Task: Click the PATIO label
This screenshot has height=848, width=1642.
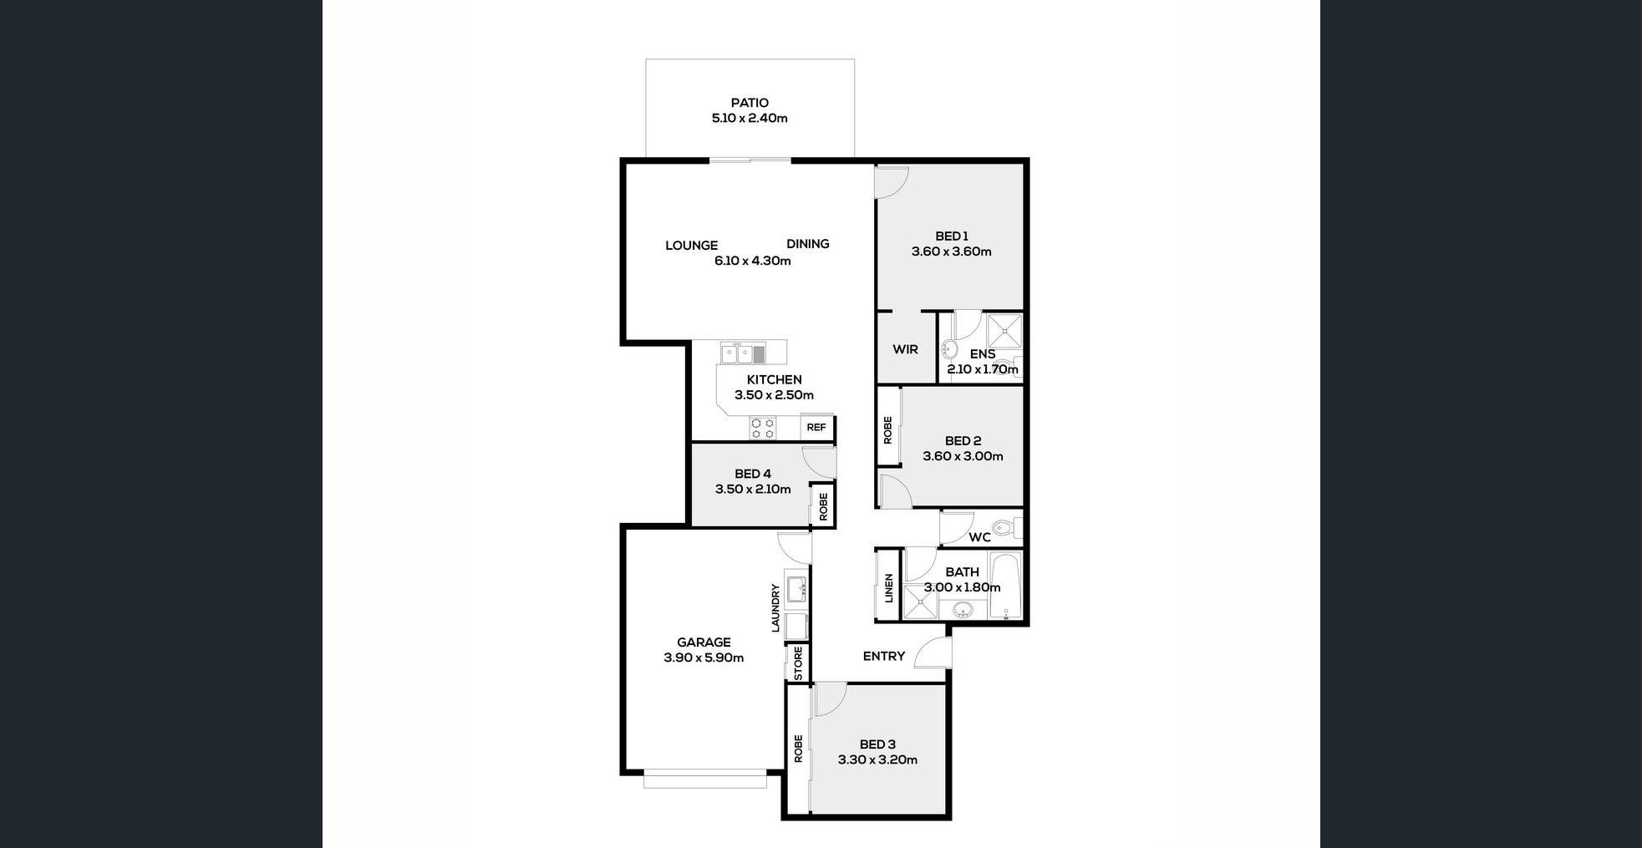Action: click(750, 103)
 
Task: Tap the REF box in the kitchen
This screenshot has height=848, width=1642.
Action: click(816, 428)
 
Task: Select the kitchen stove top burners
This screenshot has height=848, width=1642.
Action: click(762, 429)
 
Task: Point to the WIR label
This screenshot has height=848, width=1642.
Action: click(905, 349)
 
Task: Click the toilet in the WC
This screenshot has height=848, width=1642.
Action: click(1005, 527)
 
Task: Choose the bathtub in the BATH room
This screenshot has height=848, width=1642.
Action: click(1006, 585)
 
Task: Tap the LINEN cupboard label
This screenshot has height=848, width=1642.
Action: click(888, 588)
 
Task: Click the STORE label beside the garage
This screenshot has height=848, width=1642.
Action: click(798, 663)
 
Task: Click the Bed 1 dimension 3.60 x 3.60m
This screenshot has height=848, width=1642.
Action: click(951, 251)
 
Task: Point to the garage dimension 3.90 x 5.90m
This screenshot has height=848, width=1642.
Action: click(704, 658)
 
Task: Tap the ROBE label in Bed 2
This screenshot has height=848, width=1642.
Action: click(887, 430)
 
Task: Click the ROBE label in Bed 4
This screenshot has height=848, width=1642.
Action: click(823, 506)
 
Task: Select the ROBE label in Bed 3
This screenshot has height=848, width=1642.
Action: click(798, 749)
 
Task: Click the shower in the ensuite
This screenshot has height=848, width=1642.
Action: click(1004, 332)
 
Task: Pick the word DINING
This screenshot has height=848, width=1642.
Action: click(807, 244)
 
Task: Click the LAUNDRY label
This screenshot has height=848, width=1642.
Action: click(775, 607)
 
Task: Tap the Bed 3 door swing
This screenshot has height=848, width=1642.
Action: click(830, 698)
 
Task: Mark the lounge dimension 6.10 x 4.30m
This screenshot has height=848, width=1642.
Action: click(752, 261)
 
